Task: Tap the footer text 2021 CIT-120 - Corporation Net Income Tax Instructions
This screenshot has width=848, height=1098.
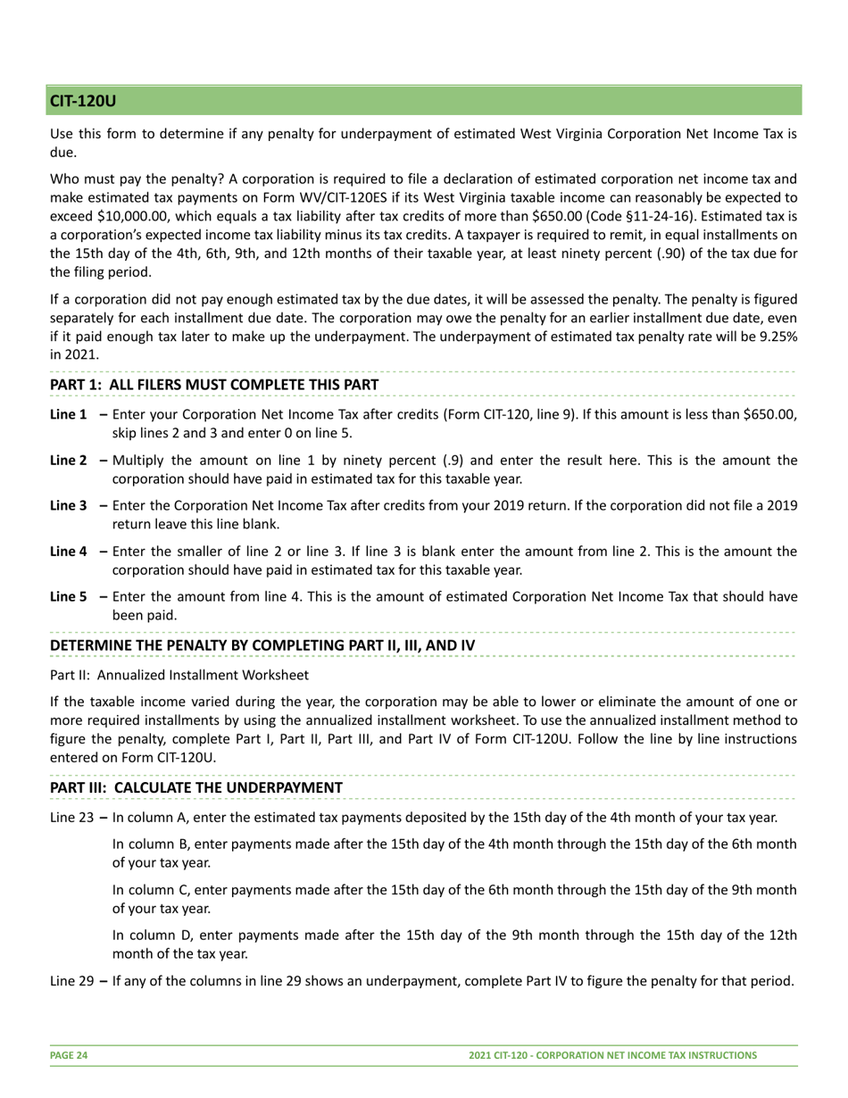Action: (613, 1055)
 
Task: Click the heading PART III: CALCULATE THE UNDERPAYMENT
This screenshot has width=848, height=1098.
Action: (196, 787)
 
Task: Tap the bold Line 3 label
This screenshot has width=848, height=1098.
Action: (69, 506)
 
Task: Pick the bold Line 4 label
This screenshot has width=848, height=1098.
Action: (69, 552)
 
